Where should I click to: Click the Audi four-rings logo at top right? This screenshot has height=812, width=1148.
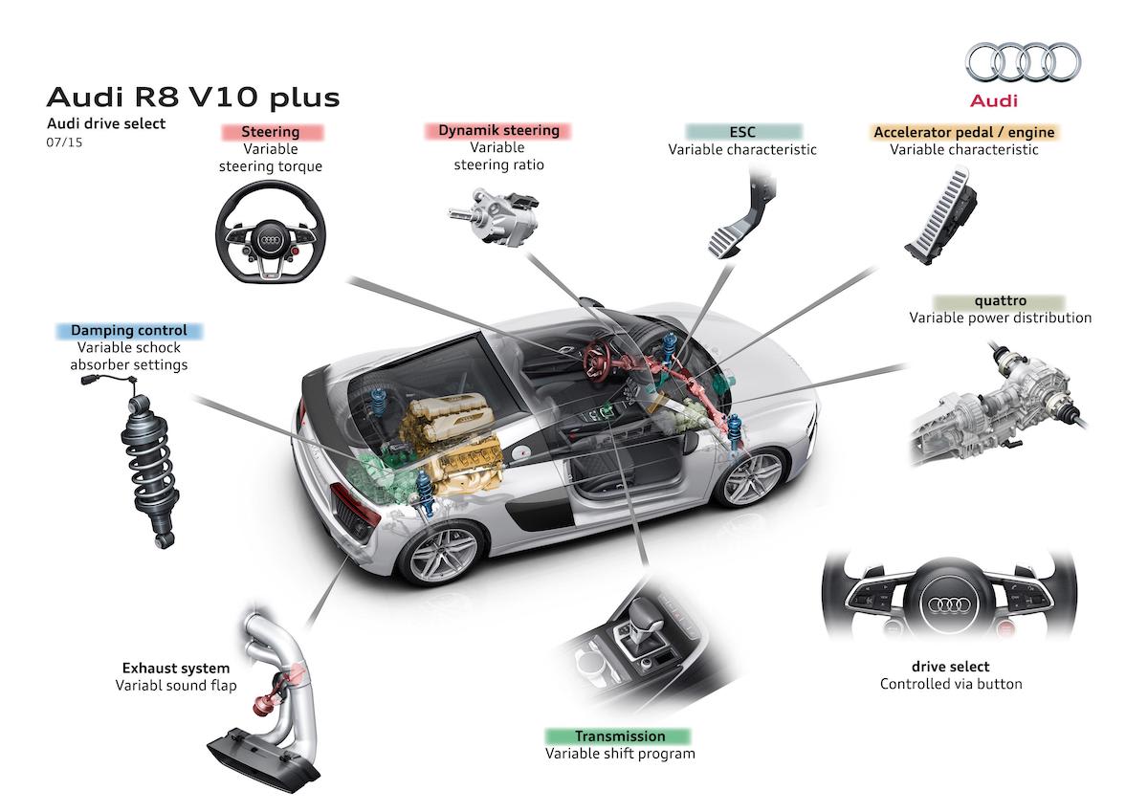coord(1023,63)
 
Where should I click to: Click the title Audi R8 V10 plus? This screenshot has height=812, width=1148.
coord(192,98)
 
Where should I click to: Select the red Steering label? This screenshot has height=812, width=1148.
coord(271,132)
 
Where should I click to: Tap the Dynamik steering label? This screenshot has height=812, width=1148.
coord(498,130)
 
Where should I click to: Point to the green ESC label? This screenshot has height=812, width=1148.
coord(742,132)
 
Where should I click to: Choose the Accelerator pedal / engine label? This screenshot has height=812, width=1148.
coord(963,132)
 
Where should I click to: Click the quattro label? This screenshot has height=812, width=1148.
coord(1000,301)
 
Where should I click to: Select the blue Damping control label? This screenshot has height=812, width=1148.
coord(129,331)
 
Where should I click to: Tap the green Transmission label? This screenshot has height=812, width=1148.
coord(619,736)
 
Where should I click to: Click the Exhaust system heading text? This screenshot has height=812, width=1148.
coord(175,668)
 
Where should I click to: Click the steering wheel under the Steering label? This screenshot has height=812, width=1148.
coord(271,232)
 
